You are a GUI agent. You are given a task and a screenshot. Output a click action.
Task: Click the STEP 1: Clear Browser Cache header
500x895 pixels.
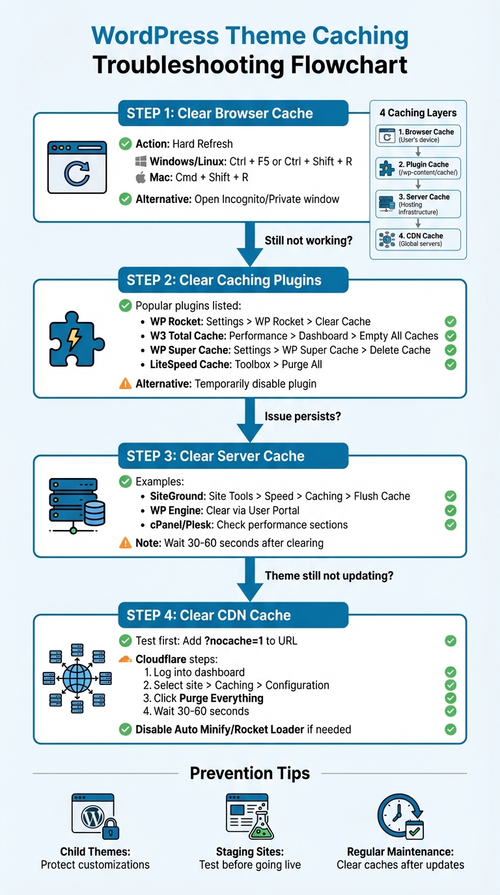233,113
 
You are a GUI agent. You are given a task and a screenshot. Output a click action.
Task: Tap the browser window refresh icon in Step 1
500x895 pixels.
76,168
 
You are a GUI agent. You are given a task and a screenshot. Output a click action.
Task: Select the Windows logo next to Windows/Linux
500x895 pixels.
141,161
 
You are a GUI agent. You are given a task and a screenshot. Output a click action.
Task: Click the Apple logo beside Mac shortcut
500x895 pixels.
141,177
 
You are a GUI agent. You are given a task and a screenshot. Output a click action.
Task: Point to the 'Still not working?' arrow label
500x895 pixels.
308,241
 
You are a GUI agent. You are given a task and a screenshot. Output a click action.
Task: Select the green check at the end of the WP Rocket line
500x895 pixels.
450,321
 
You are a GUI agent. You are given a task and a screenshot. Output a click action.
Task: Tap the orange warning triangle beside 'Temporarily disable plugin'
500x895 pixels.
126,384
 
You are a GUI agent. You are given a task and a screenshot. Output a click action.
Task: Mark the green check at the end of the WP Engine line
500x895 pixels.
450,511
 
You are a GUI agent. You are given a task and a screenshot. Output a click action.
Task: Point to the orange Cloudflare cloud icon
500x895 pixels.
126,659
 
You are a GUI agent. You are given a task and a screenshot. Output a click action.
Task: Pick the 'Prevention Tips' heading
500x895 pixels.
250,773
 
